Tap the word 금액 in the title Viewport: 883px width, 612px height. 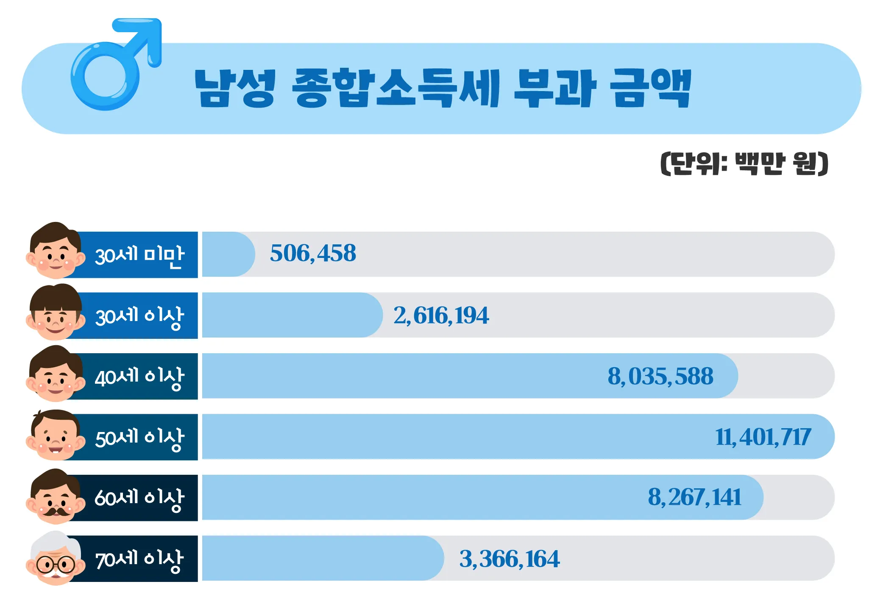[650, 88]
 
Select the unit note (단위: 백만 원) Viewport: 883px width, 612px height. [744, 163]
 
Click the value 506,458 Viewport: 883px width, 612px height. [313, 254]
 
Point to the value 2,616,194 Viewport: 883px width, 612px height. [441, 316]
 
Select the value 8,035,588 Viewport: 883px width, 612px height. [660, 376]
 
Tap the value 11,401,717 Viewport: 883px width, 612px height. [763, 437]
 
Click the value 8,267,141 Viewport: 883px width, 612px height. [694, 497]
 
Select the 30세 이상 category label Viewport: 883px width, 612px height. [139, 316]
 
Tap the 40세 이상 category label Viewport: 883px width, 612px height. [139, 377]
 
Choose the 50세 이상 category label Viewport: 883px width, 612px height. [139, 438]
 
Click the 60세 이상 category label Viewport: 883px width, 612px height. [139, 498]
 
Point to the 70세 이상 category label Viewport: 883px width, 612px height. [139, 559]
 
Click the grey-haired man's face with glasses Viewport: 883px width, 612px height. [55, 559]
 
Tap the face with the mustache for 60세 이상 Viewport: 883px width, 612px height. [55, 498]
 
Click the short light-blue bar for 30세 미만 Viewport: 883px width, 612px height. [228, 254]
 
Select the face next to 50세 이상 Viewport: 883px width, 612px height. [55, 436]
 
